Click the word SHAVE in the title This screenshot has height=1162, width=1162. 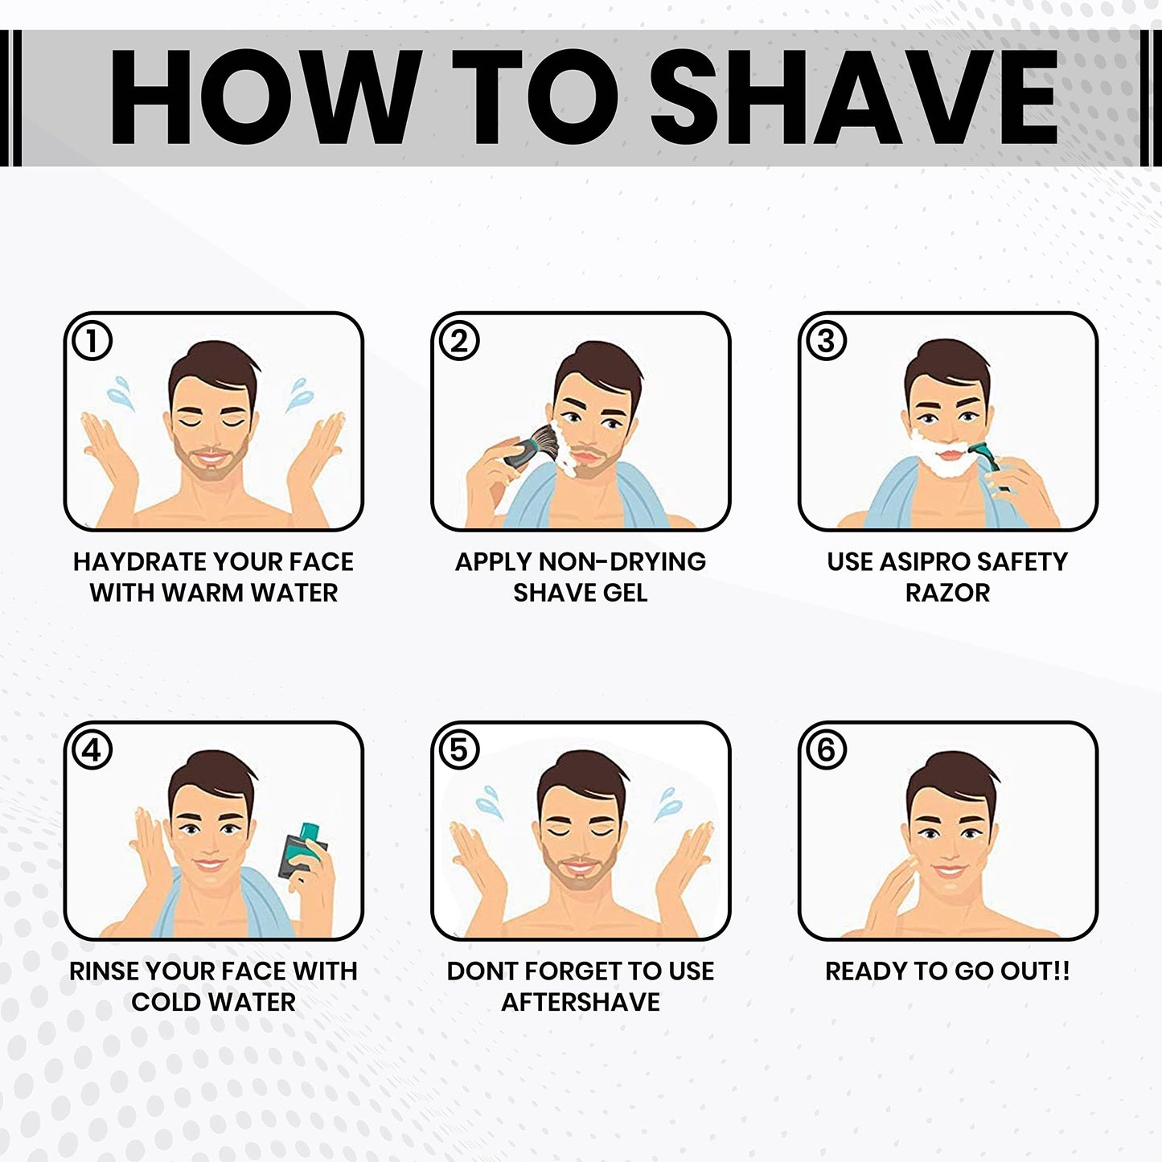pyautogui.click(x=863, y=97)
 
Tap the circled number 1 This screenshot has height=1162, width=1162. pyautogui.click(x=92, y=341)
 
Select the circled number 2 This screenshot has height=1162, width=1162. pyautogui.click(x=459, y=341)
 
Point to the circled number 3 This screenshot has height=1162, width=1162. pyautogui.click(x=826, y=341)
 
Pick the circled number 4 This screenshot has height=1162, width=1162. pyautogui.click(x=92, y=750)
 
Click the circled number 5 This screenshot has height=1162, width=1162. pyautogui.click(x=459, y=750)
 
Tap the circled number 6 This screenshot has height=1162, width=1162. pyautogui.click(x=826, y=750)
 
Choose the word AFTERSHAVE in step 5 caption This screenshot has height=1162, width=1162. pyautogui.click(x=581, y=1003)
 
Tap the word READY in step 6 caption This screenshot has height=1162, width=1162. pyautogui.click(x=866, y=971)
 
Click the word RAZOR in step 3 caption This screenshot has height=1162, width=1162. pyautogui.click(x=947, y=593)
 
